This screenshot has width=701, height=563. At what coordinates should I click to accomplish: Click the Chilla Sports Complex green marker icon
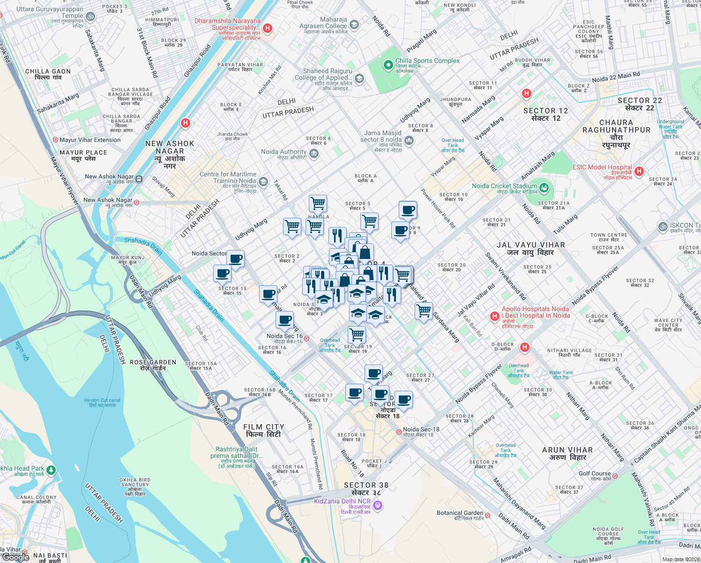click(388, 65)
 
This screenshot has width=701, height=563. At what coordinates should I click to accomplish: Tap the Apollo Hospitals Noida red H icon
click(494, 316)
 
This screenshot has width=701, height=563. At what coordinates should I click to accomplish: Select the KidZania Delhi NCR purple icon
click(378, 505)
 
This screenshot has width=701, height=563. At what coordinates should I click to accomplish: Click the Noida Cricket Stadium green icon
click(544, 188)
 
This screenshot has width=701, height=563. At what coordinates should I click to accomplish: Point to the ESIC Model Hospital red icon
click(639, 171)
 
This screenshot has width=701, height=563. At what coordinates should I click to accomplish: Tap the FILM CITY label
click(263, 430)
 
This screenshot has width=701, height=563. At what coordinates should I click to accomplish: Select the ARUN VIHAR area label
click(567, 453)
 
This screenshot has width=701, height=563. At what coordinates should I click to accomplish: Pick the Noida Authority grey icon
click(314, 153)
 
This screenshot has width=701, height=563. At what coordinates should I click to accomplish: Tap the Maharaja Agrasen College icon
click(354, 25)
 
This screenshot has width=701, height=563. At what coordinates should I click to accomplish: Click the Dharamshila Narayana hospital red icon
click(268, 28)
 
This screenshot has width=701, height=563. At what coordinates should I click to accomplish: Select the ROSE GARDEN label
click(153, 365)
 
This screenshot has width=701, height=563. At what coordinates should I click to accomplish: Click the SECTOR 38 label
click(366, 488)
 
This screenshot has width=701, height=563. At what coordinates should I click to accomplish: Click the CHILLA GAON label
click(48, 74)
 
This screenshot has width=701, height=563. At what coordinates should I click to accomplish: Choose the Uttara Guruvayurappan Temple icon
click(90, 17)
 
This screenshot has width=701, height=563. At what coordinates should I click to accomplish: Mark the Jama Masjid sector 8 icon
click(409, 140)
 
